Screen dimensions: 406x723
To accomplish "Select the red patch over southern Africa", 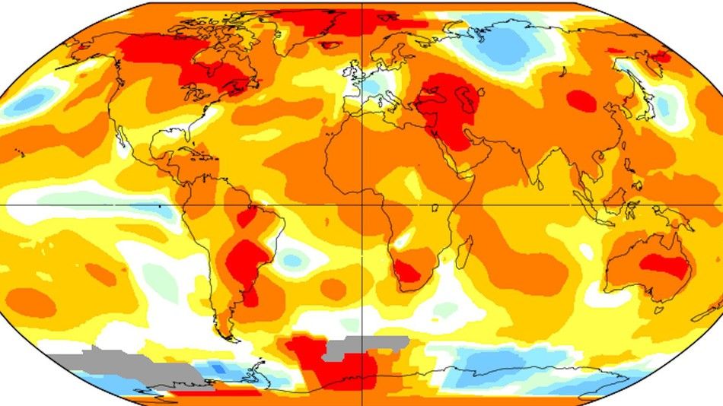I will pos(408,271).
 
